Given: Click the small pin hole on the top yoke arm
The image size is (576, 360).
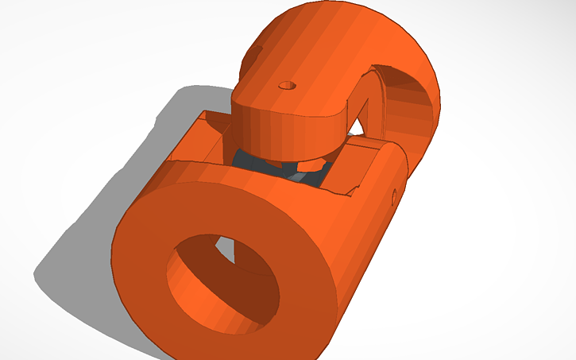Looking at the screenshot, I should coord(287,83).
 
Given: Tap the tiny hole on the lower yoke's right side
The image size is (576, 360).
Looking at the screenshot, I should coord(395,194).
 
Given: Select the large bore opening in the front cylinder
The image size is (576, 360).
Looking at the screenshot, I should coord(222,282).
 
